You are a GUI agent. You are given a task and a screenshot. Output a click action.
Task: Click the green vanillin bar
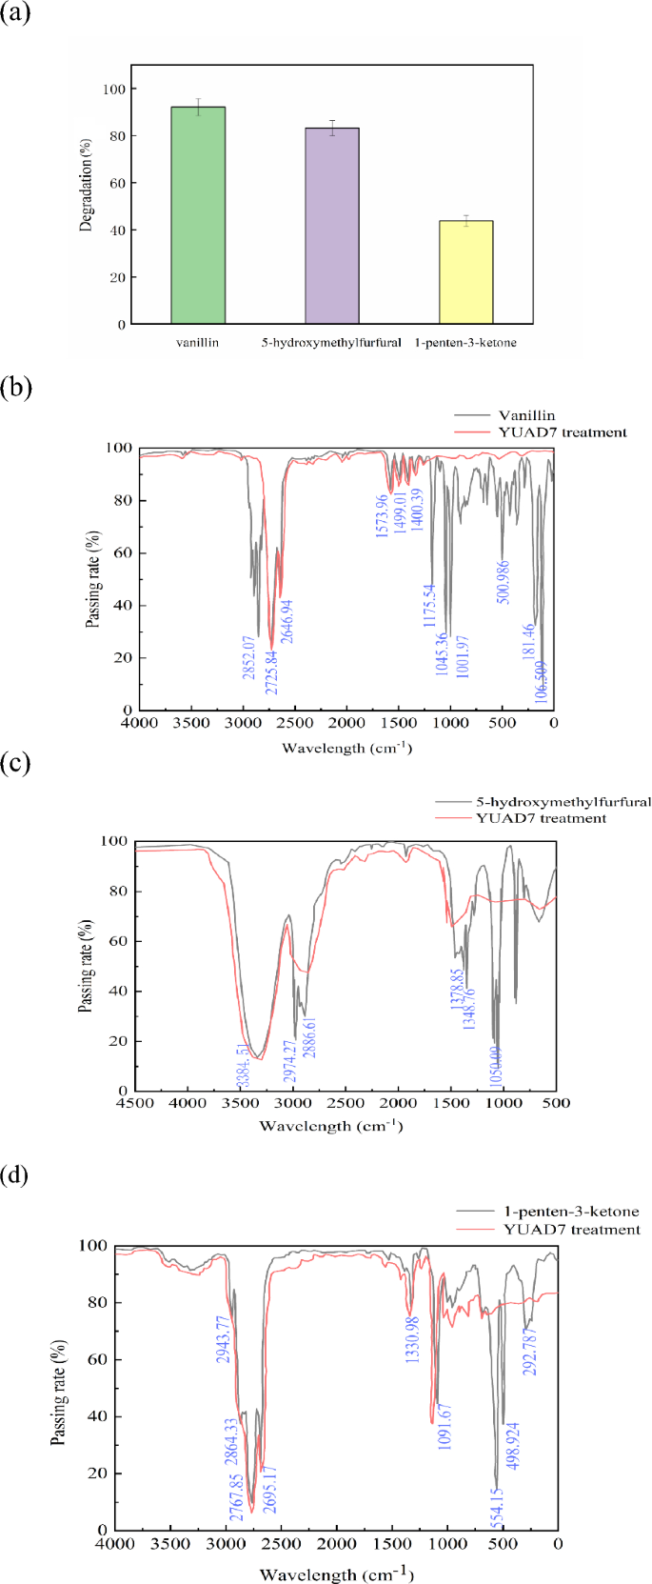pyautogui.click(x=198, y=216)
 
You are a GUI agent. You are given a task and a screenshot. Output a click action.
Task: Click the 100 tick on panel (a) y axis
pyautogui.click(x=114, y=90)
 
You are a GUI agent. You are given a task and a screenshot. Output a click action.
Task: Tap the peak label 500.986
pyautogui.click(x=503, y=578)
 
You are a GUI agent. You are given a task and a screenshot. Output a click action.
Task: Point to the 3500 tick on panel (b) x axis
pyautogui.click(x=191, y=724)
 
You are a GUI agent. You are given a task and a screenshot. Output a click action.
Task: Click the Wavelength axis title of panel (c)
pyautogui.click(x=332, y=1127)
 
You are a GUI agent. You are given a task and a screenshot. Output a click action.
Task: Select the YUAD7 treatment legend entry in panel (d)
pyautogui.click(x=572, y=1230)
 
